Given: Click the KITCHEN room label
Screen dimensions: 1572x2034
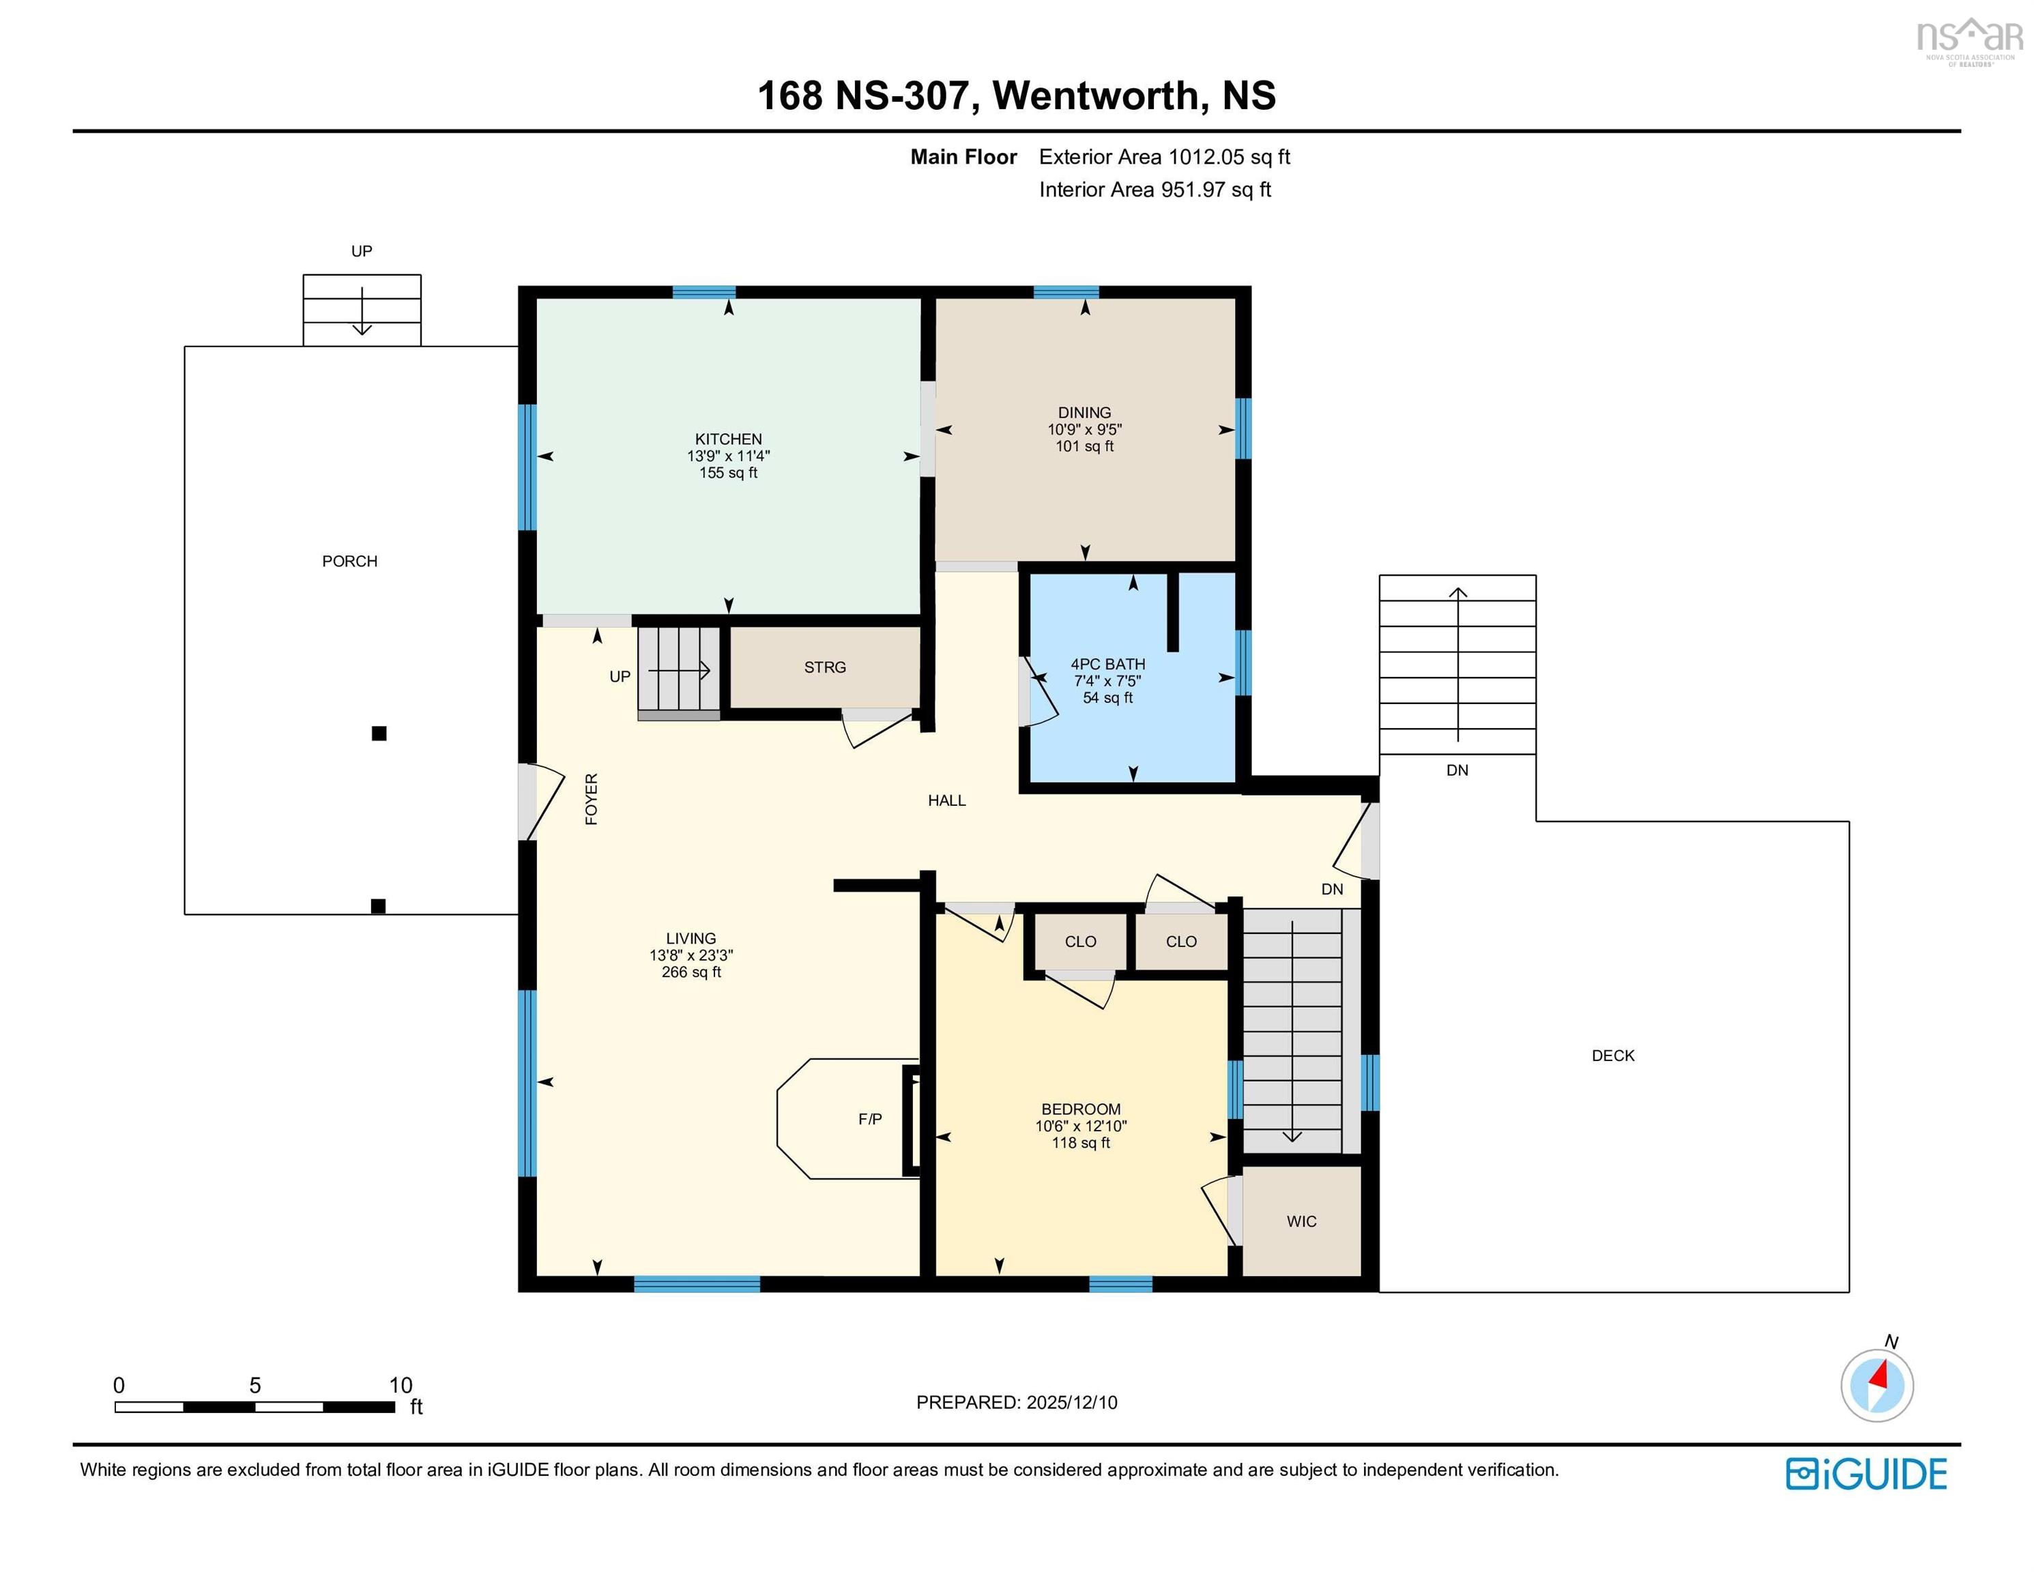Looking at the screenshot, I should click(727, 439).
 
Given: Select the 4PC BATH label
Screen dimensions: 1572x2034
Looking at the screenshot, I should click(1107, 664).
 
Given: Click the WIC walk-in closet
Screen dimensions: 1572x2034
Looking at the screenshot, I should click(1301, 1221).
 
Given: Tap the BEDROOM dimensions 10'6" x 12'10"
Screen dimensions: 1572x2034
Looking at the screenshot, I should click(1080, 1126).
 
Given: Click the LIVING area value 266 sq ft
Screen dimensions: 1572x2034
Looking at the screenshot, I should click(691, 972).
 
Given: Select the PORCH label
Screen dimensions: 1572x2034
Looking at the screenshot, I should click(349, 562).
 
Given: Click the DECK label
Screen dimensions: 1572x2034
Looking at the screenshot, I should click(1612, 1055).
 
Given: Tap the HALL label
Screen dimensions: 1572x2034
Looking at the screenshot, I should click(946, 800).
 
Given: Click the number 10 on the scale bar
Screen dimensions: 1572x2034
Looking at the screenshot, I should click(401, 1385).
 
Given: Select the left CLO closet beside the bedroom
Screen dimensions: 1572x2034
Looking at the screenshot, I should click(1080, 942).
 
